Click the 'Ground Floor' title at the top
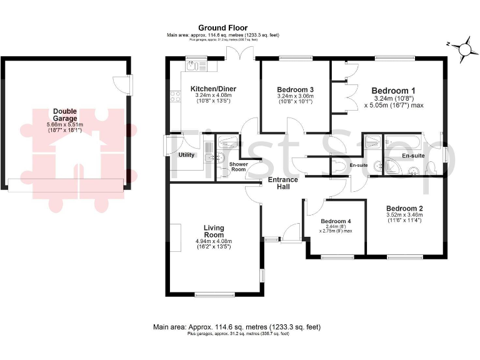pos(222,27)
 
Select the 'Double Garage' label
pos(65,115)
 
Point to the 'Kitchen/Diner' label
pos(213,89)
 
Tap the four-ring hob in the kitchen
pos(173,97)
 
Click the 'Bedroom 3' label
pos(295,89)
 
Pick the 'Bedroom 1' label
pos(394,90)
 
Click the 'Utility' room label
pos(186,155)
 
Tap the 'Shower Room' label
pos(239,167)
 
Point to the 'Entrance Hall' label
pos(282,183)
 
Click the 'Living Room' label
pos(214,231)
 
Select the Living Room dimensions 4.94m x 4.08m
pos(214,241)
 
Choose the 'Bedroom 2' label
pos(404,209)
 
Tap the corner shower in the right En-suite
pos(392,165)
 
